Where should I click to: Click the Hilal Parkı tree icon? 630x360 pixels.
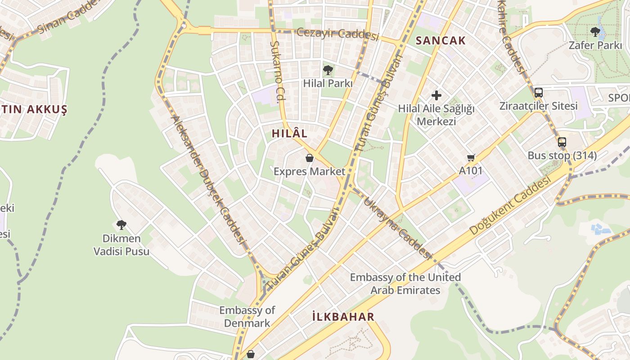[x=328, y=70]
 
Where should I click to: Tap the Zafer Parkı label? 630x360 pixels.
[x=595, y=45]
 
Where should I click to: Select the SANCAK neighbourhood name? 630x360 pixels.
[x=441, y=40]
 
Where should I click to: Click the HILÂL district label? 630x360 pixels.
[x=289, y=133]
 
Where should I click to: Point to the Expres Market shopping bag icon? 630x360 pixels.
[x=310, y=158]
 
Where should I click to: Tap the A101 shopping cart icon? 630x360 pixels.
[x=471, y=157]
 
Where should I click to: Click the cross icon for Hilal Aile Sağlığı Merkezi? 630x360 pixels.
[x=436, y=95]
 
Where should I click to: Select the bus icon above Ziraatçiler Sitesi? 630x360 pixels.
[x=538, y=93]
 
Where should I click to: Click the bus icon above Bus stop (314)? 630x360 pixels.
[x=562, y=142]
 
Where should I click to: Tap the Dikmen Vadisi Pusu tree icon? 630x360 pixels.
[x=121, y=225]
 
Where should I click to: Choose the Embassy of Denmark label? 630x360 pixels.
[x=247, y=316]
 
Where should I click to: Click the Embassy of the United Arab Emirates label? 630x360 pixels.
[x=405, y=283]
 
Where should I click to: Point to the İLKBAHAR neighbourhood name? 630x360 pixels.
[x=343, y=317]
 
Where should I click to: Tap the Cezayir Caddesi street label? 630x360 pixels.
[x=337, y=34]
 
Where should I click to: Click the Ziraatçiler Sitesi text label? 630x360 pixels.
[x=538, y=106]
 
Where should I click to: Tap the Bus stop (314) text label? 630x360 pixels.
[x=562, y=156]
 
